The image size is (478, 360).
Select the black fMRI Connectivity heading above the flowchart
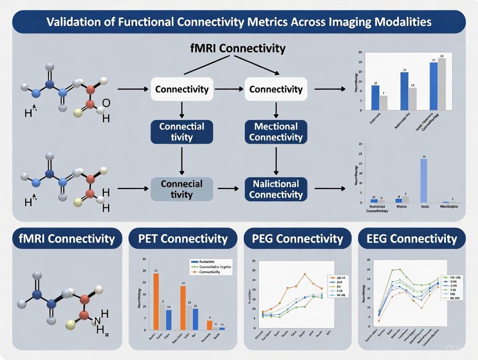point(238,48)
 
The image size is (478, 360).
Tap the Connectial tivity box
point(182,132)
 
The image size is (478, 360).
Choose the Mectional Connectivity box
point(276,132)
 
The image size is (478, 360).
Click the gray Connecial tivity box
point(182,189)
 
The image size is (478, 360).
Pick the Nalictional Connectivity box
point(276,189)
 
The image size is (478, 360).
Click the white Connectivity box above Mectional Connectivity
point(276,90)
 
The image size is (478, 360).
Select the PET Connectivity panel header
point(183,238)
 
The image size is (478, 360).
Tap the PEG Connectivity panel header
point(298,238)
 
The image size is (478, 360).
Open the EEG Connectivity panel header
point(412,238)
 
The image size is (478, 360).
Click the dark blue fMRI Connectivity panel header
point(67,238)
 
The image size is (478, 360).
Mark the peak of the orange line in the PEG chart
point(305,274)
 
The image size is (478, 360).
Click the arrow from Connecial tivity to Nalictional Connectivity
point(229,189)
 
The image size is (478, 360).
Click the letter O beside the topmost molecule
point(106,103)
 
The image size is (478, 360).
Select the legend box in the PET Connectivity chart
point(211,267)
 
